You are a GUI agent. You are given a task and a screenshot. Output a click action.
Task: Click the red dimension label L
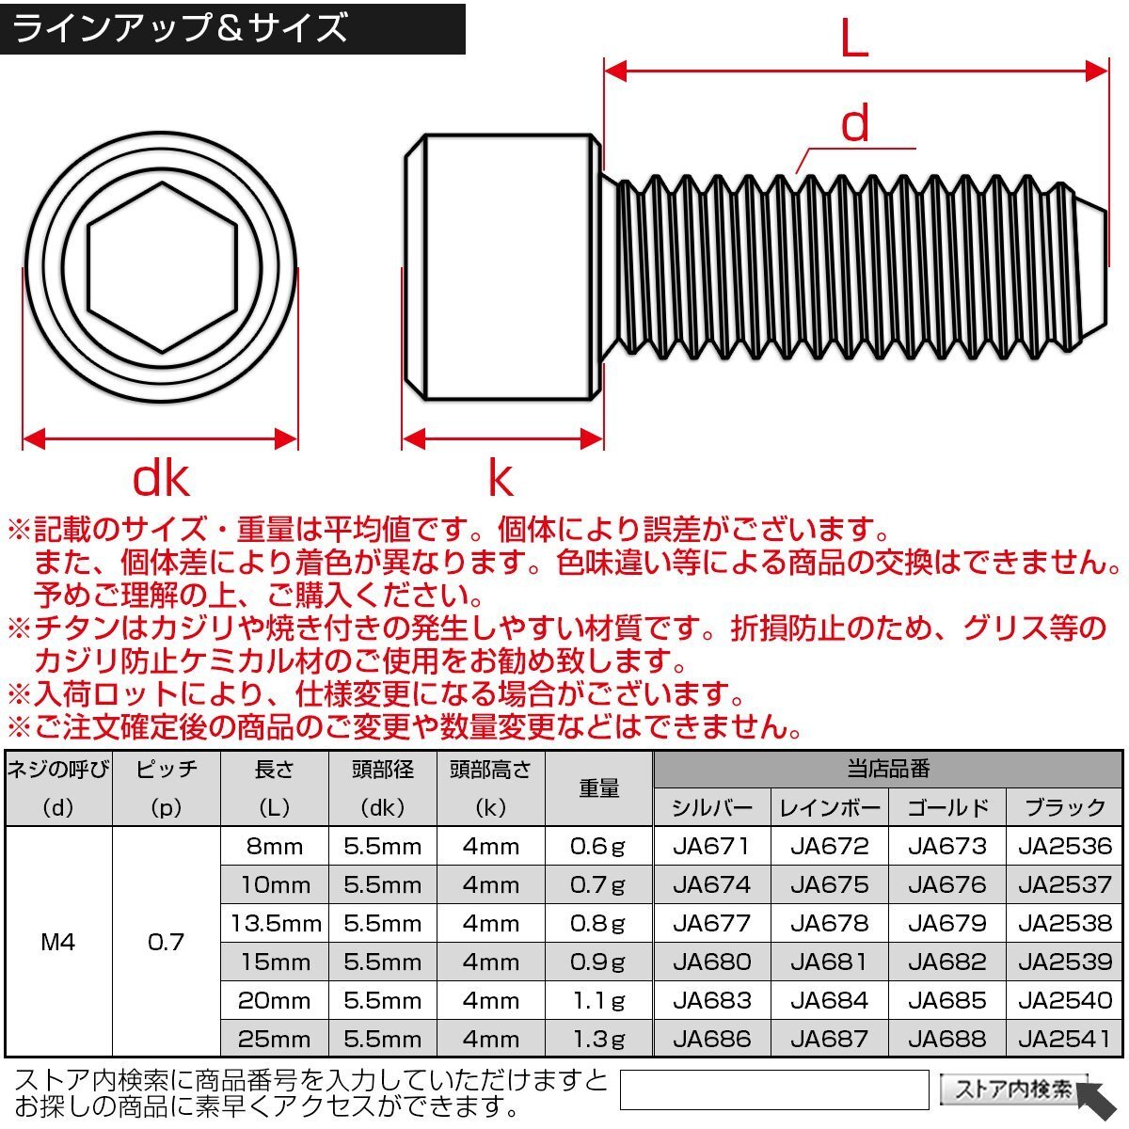tap(853, 40)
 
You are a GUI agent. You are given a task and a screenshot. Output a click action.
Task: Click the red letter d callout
tap(854, 124)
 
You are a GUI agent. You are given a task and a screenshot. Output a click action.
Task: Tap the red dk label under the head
tap(161, 479)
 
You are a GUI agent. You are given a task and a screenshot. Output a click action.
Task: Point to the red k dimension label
tap(500, 479)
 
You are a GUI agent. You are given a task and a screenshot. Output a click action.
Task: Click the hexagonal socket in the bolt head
tap(162, 267)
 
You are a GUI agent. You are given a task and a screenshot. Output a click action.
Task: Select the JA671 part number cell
tap(711, 846)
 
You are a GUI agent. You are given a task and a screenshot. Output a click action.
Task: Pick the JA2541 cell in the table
tap(1064, 1039)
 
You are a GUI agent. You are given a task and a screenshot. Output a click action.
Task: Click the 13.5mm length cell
tap(275, 923)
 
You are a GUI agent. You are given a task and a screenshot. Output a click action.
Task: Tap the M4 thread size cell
tap(58, 942)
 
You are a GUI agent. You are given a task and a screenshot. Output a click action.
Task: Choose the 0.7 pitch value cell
tap(166, 942)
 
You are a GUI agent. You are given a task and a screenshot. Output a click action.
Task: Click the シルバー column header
tap(711, 807)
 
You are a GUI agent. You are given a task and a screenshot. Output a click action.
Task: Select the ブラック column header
tap(1064, 807)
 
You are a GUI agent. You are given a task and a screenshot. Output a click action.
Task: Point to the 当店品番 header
tap(887, 770)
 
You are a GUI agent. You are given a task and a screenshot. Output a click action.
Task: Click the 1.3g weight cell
tap(598, 1039)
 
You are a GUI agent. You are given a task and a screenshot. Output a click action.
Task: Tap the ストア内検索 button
tap(1013, 1089)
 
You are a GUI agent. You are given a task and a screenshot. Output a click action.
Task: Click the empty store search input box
tap(773, 1089)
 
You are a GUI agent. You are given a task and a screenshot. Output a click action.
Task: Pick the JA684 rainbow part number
tap(829, 1000)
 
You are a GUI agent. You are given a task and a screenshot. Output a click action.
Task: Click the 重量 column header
tap(598, 788)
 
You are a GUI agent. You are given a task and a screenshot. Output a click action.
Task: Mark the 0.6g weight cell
tap(598, 846)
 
